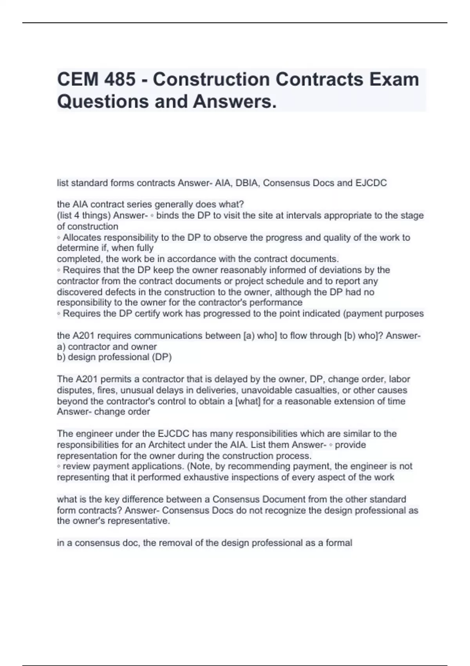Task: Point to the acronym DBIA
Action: pos(247,183)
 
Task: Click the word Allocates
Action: pos(82,237)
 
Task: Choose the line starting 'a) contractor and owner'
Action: pos(107,347)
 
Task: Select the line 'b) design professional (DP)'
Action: pos(114,357)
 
